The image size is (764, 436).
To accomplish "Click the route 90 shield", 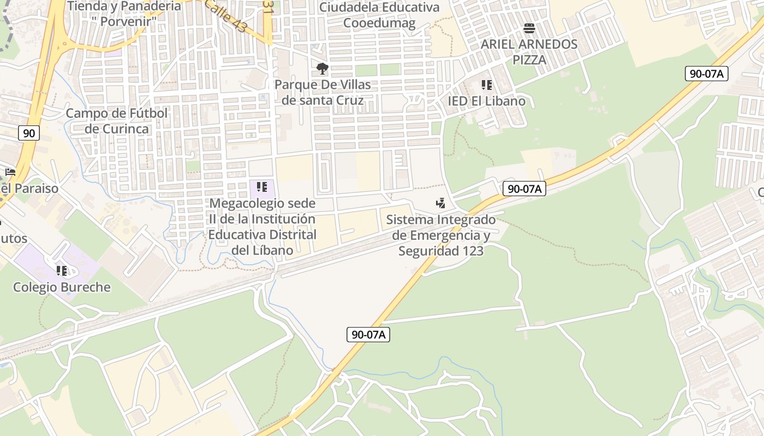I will [x=29, y=132].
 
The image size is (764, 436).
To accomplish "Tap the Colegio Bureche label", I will [x=62, y=287].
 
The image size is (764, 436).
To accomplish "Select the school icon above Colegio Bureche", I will [x=62, y=271].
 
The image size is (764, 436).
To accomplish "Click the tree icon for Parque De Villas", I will [x=323, y=69].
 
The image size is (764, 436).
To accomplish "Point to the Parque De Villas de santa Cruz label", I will [x=323, y=93].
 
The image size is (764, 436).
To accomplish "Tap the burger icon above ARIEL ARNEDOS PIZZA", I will [x=529, y=28].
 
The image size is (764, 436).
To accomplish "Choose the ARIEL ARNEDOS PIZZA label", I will [x=529, y=52].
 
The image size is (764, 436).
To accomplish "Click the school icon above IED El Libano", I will [x=486, y=85].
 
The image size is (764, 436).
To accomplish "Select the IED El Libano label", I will [x=486, y=101].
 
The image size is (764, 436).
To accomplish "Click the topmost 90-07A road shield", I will [x=707, y=74].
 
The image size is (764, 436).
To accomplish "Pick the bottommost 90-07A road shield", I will [x=368, y=335].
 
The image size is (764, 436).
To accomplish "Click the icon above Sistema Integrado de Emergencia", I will [x=440, y=203].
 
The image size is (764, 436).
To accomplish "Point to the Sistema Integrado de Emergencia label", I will [x=441, y=235].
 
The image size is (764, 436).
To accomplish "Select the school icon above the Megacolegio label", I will [x=262, y=187].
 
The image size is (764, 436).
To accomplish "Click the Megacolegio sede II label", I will [x=262, y=227].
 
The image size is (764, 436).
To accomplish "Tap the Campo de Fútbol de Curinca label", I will [x=117, y=121].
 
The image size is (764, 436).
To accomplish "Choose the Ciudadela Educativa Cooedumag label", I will [x=379, y=15].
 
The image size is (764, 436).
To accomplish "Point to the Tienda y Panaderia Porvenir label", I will [x=124, y=14].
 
